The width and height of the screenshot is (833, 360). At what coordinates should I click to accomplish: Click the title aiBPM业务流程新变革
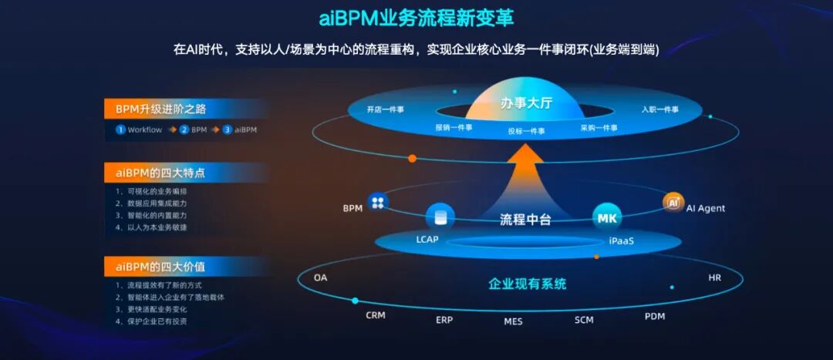point(416,18)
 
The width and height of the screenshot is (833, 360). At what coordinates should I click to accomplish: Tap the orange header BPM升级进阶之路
point(160,109)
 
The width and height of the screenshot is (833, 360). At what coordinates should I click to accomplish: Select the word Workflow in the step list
point(145,130)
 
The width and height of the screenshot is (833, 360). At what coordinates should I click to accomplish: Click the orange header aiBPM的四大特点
point(160,172)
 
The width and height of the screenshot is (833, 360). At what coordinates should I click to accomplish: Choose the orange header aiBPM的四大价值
point(160,267)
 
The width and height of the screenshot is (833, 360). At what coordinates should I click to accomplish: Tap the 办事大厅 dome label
point(526,103)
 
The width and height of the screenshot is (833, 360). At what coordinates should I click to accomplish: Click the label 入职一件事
point(659,109)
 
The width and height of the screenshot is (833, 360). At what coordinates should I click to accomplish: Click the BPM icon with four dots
point(377,202)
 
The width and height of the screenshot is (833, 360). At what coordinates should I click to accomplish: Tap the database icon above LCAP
point(440,217)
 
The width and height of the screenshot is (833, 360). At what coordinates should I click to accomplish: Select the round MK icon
point(606,218)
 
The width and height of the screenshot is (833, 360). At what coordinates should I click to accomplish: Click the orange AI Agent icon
point(673,202)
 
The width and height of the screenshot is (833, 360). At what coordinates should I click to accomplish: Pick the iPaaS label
point(621,241)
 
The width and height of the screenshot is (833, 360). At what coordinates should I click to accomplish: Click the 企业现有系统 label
point(528,284)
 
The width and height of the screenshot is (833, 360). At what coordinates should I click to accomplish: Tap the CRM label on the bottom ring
point(376,315)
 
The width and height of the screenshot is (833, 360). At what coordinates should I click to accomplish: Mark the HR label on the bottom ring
point(714,278)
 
